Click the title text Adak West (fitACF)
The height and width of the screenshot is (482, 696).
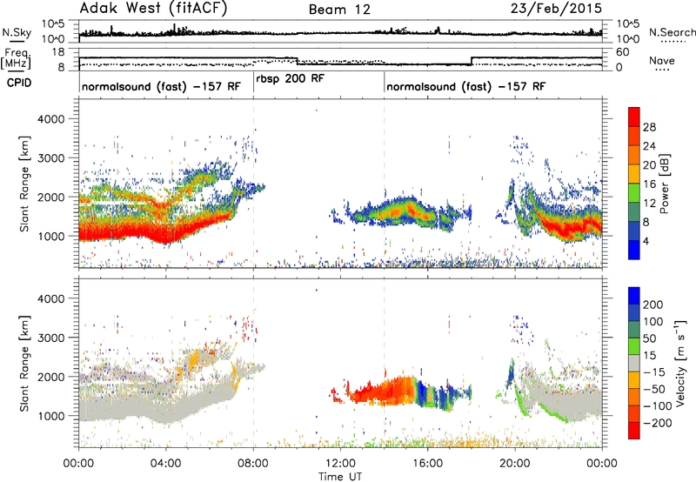coord(153,8)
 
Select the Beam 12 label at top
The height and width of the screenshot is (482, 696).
coord(339,10)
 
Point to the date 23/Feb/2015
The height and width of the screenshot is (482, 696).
coord(556,9)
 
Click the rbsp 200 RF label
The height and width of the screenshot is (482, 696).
coord(291,78)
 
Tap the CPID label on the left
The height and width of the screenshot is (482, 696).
coord(19,83)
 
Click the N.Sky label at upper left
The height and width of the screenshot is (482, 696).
coord(17,32)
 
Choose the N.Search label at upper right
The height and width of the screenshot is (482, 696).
coord(672,32)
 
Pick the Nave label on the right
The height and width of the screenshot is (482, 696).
coord(662,61)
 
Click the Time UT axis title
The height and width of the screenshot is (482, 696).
coord(340,477)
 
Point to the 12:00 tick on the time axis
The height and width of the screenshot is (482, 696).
coord(340,464)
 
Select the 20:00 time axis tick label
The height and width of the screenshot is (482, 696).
coord(515,464)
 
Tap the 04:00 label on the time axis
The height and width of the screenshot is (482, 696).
coord(166,464)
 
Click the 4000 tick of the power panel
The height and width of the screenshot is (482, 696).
coord(51,119)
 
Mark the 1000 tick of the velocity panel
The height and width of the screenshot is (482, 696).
coord(51,416)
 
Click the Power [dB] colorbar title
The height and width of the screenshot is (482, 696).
coord(665,184)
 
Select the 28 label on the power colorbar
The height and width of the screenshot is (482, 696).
coord(649,127)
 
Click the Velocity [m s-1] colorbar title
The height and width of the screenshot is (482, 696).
coord(679,363)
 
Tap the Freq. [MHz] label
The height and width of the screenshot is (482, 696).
coord(16,58)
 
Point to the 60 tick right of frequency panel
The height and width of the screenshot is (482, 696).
coord(623,52)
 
